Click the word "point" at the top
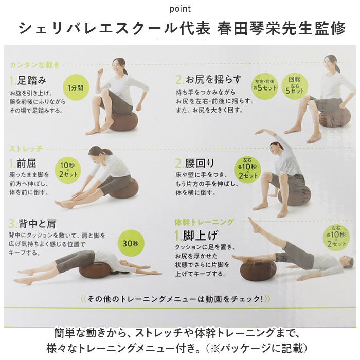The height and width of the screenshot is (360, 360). pyautogui.click(x=179, y=9)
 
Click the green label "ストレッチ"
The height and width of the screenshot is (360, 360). pyautogui.click(x=26, y=148)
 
